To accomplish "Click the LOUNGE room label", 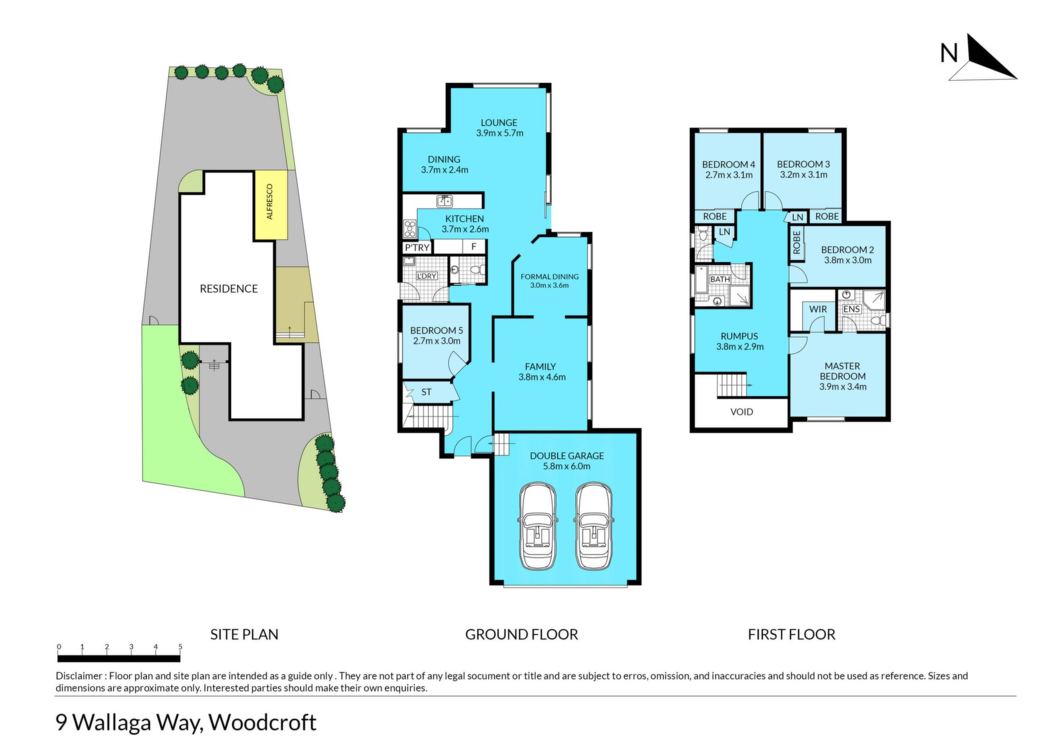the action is pyautogui.click(x=499, y=123).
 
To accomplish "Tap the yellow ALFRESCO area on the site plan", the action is pyautogui.click(x=270, y=205).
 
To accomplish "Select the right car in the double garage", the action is pyautogui.click(x=593, y=526).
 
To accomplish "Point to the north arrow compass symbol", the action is pyautogui.click(x=983, y=58).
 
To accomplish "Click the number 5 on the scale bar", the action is pyautogui.click(x=180, y=647).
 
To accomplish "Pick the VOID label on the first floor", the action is pyautogui.click(x=742, y=412).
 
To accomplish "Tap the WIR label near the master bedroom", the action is pyautogui.click(x=818, y=309).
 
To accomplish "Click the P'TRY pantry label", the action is pyautogui.click(x=417, y=248).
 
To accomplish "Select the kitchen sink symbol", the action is pyautogui.click(x=444, y=200).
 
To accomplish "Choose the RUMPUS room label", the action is pyautogui.click(x=739, y=336).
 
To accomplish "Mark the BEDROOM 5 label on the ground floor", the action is pyautogui.click(x=437, y=330).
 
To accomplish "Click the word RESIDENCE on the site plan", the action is pyautogui.click(x=228, y=289).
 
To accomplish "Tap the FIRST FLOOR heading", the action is pyautogui.click(x=792, y=635).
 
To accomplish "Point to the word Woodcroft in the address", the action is pyautogui.click(x=263, y=722).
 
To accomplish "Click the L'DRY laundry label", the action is pyautogui.click(x=427, y=276).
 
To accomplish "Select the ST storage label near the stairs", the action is pyautogui.click(x=426, y=392).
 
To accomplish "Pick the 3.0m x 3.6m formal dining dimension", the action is pyautogui.click(x=549, y=285).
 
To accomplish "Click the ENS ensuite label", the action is pyautogui.click(x=851, y=309).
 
